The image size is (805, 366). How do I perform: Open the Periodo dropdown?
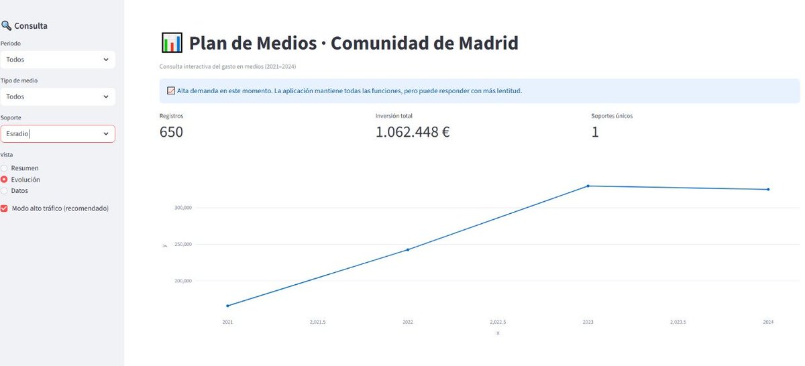click(x=57, y=60)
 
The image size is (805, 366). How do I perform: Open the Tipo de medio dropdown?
click(x=57, y=97)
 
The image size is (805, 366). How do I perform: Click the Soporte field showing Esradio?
click(x=57, y=133)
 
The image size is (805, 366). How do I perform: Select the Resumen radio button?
click(x=5, y=168)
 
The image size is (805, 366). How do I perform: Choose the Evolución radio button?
click(x=5, y=180)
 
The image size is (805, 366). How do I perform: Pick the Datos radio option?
click(x=5, y=191)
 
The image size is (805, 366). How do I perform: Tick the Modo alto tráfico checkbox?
click(x=5, y=208)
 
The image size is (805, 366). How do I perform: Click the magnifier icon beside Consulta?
click(x=6, y=26)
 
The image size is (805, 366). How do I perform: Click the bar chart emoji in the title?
click(x=172, y=43)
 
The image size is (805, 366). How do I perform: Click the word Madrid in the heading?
click(x=488, y=44)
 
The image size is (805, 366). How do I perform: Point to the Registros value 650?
click(x=171, y=132)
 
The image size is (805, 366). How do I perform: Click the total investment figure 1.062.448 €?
click(x=413, y=132)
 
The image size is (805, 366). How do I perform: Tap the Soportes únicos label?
click(x=612, y=116)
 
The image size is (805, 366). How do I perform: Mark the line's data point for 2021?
click(x=228, y=306)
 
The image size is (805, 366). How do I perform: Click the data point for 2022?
click(x=408, y=249)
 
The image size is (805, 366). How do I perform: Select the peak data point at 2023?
click(x=588, y=186)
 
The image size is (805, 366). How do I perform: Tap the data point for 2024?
click(x=768, y=190)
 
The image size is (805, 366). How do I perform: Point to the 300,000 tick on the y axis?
click(x=183, y=208)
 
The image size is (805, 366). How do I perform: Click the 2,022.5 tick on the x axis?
click(x=498, y=322)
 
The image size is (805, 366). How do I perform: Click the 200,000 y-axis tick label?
click(x=183, y=281)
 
